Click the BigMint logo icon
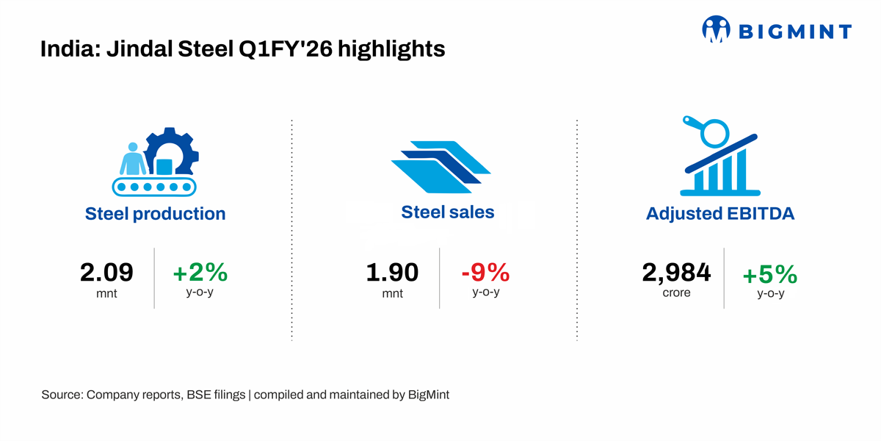tap(717, 30)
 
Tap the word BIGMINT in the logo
tap(794, 32)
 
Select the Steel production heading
tap(155, 214)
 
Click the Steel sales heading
tap(448, 212)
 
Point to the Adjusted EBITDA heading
tap(720, 214)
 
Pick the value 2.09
tap(106, 273)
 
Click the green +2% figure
tap(200, 273)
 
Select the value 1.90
tap(392, 273)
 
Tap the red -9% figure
tap(485, 273)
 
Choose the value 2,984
tap(676, 273)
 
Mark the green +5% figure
tap(770, 275)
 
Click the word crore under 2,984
tap(676, 293)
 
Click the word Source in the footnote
tap(61, 395)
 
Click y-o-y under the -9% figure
tap(485, 292)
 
